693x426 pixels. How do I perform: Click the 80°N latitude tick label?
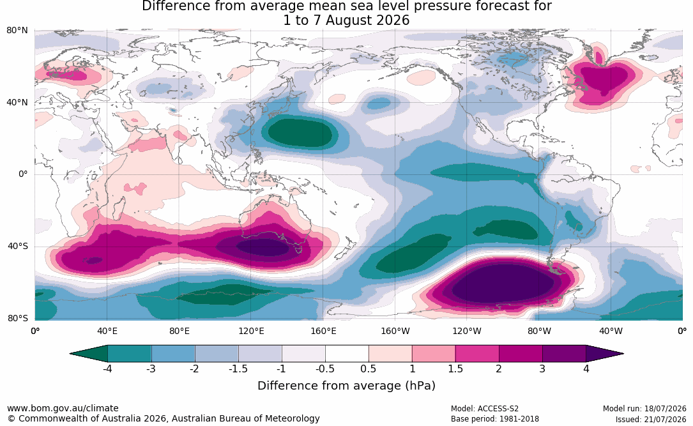17,31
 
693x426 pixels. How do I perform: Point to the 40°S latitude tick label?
18,246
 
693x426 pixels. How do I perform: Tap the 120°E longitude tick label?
251,331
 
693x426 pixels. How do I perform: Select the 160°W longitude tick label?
395,331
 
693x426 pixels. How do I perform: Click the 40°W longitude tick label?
611,331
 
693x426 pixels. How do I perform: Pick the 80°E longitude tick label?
179,331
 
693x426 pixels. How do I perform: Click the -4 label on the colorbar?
107,369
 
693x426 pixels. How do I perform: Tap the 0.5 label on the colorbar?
368,369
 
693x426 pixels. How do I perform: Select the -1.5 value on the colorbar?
238,369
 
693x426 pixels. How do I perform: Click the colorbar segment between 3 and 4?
564,354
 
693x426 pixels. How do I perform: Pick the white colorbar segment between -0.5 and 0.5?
347,354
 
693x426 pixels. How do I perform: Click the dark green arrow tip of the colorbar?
88,354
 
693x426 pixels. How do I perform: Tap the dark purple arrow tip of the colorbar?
605,354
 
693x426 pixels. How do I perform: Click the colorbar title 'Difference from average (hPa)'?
346,386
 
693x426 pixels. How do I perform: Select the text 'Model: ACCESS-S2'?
484,409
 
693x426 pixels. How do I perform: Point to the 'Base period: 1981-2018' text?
494,418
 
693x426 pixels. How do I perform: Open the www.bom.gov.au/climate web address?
63,408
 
